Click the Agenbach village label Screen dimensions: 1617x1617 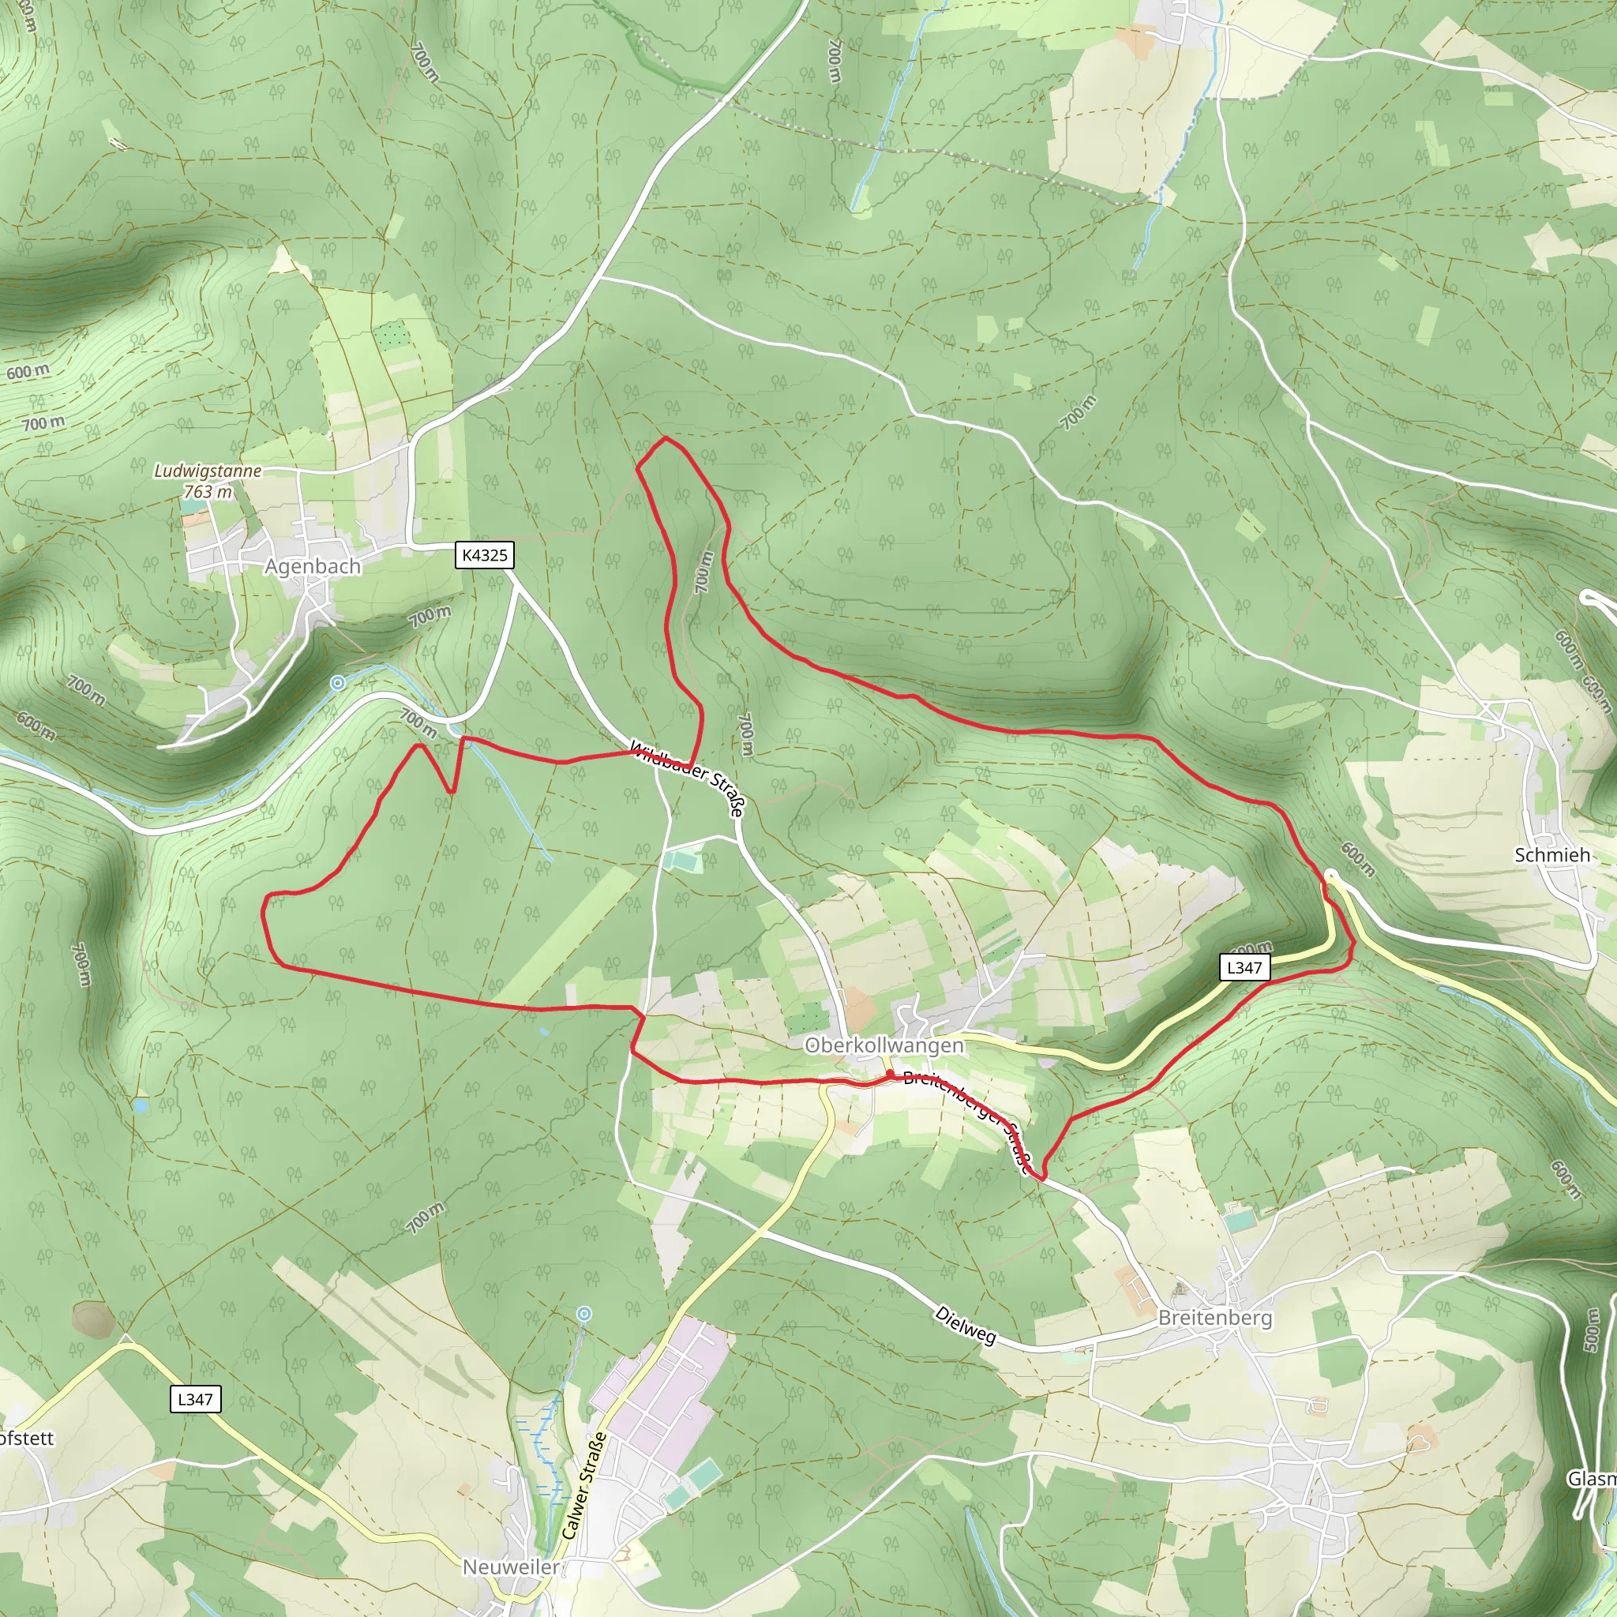pyautogui.click(x=312, y=567)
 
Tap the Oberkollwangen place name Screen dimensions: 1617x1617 pyautogui.click(x=884, y=1045)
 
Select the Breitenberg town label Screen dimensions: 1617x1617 pyautogui.click(x=1215, y=1318)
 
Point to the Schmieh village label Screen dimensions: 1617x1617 pyautogui.click(x=1551, y=854)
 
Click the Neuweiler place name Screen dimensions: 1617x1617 pyautogui.click(x=512, y=1566)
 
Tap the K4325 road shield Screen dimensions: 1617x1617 pyautogui.click(x=485, y=555)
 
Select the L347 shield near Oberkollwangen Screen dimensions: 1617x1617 pyautogui.click(x=1244, y=967)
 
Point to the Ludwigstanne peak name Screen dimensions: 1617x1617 pyautogui.click(x=208, y=471)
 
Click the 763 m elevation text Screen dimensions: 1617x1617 pyautogui.click(x=208, y=492)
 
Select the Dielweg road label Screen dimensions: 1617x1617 pyautogui.click(x=966, y=1325)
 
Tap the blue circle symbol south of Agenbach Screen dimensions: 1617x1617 pyautogui.click(x=337, y=683)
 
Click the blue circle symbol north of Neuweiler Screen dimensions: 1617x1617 pyautogui.click(x=584, y=1315)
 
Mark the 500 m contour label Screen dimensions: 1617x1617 pyautogui.click(x=1591, y=1330)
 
